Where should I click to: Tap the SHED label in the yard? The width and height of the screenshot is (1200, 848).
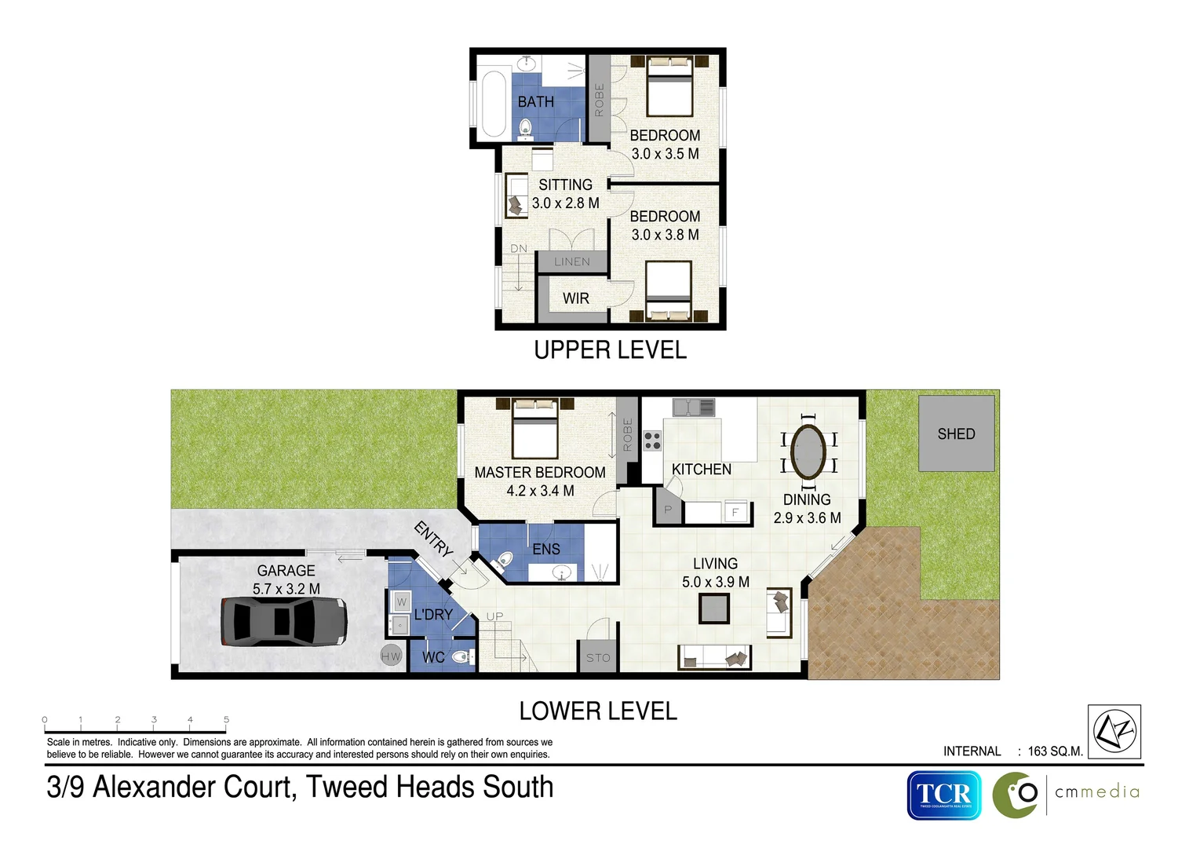(x=956, y=434)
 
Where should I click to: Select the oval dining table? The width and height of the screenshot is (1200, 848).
(x=808, y=451)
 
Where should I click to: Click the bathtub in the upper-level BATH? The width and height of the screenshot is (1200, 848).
(x=494, y=104)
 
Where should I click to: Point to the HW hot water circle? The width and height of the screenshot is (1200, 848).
(x=391, y=656)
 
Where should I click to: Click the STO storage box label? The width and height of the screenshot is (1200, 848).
(x=598, y=658)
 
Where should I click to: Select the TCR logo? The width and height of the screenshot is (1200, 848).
(x=944, y=795)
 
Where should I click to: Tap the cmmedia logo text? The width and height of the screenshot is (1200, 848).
(x=1096, y=792)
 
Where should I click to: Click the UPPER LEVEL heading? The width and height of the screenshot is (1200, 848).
(x=610, y=350)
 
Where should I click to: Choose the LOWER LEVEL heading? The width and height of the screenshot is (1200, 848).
(x=598, y=711)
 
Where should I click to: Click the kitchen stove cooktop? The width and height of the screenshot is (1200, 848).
(x=652, y=440)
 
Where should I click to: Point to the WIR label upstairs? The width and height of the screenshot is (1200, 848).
(x=575, y=298)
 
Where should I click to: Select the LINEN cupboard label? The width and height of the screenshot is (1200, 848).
(x=572, y=262)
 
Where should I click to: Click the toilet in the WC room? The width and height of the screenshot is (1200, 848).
(x=463, y=657)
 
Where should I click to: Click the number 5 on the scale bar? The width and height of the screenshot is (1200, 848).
(x=226, y=719)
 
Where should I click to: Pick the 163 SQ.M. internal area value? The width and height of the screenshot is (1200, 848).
(x=1055, y=751)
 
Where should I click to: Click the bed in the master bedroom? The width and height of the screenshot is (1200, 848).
(x=535, y=429)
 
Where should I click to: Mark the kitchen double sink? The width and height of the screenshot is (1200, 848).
(x=694, y=408)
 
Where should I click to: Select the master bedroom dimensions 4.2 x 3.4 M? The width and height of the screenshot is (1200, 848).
(x=540, y=491)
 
